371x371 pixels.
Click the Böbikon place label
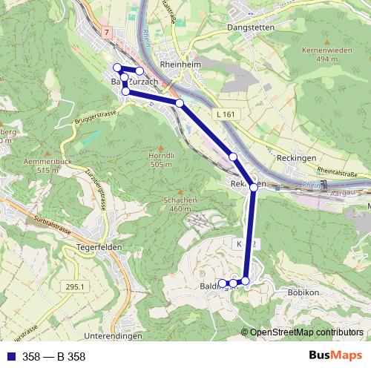coord(302,293)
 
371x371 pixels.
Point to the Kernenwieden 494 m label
coord(325,53)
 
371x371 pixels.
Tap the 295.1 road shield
coord(75,287)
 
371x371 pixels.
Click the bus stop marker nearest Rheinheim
coord(180,103)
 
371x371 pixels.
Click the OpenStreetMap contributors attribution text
coord(306,332)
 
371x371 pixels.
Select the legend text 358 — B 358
coord(53,357)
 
